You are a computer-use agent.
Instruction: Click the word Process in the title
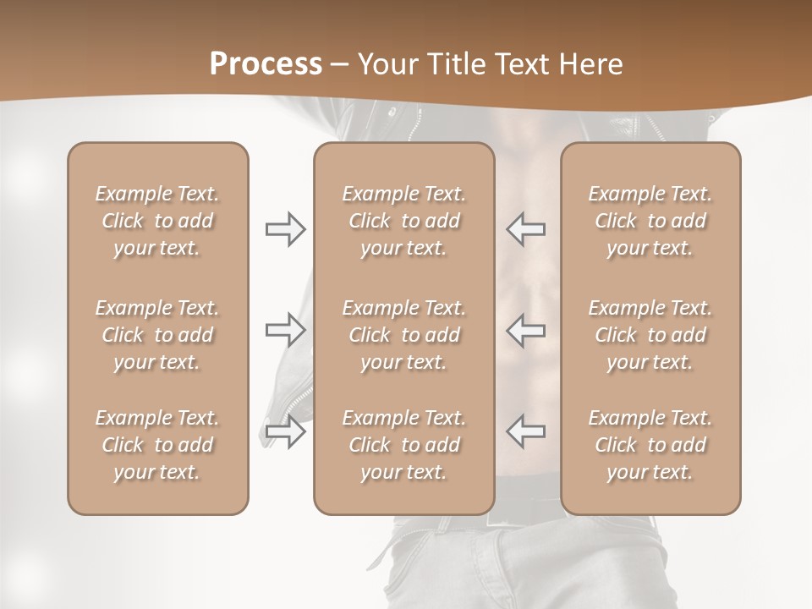click(x=266, y=64)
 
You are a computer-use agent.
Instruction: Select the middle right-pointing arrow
click(x=286, y=330)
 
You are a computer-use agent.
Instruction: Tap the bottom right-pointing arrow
click(x=286, y=431)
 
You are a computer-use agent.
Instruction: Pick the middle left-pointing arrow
click(x=526, y=330)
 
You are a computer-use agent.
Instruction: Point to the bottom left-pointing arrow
click(x=526, y=431)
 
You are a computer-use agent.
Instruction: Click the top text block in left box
click(x=157, y=221)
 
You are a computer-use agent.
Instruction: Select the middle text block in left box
click(x=157, y=335)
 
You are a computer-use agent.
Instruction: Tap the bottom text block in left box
click(x=157, y=445)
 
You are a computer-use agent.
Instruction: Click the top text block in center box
click(x=403, y=221)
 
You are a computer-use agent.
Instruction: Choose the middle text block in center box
click(x=403, y=335)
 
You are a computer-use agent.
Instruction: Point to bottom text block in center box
click(x=403, y=445)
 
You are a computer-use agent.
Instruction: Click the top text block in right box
click(x=650, y=221)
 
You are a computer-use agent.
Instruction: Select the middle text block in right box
click(x=650, y=335)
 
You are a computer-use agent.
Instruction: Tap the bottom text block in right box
click(x=650, y=445)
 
